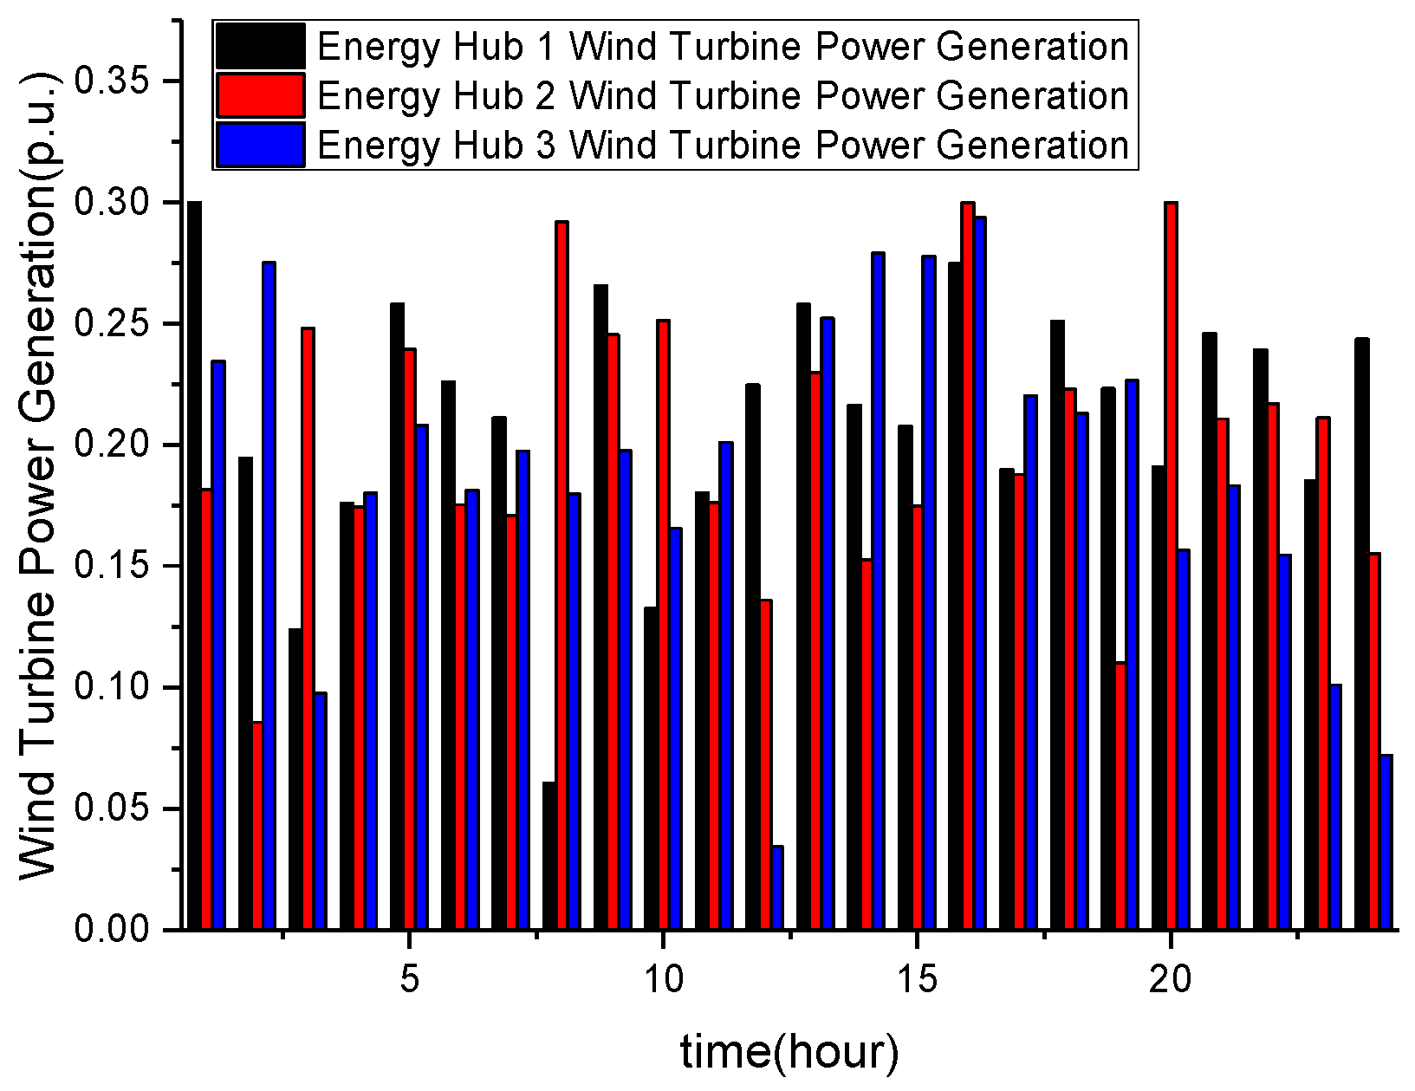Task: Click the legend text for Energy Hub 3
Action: coord(723,145)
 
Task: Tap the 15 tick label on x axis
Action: coord(916,979)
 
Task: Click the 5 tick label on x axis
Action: coord(409,979)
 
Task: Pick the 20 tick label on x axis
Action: coord(1170,979)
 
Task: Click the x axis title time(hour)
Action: coord(789,1051)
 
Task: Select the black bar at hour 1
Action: coord(195,563)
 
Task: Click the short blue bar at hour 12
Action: coord(777,888)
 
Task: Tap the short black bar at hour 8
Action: coord(549,856)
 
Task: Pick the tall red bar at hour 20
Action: coord(1171,563)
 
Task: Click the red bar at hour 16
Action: coord(968,563)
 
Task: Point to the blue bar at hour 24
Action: coord(1386,842)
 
